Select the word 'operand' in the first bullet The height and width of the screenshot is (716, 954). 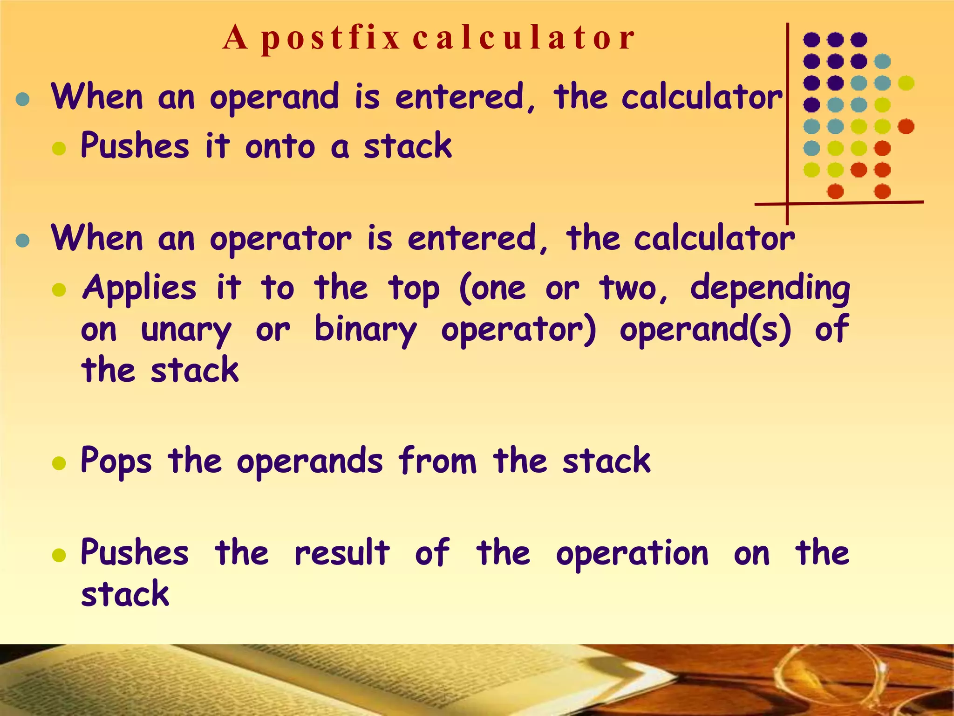(x=274, y=98)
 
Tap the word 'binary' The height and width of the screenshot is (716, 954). (x=366, y=330)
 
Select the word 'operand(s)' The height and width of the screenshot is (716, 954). (x=705, y=330)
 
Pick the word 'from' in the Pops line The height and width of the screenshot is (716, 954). (x=437, y=461)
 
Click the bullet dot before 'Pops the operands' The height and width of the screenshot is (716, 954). (x=59, y=463)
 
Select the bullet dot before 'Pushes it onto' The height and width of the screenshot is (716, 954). (x=59, y=149)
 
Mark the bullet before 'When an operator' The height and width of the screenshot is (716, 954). (x=22, y=241)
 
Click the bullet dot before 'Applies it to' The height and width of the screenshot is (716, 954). (x=59, y=290)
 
